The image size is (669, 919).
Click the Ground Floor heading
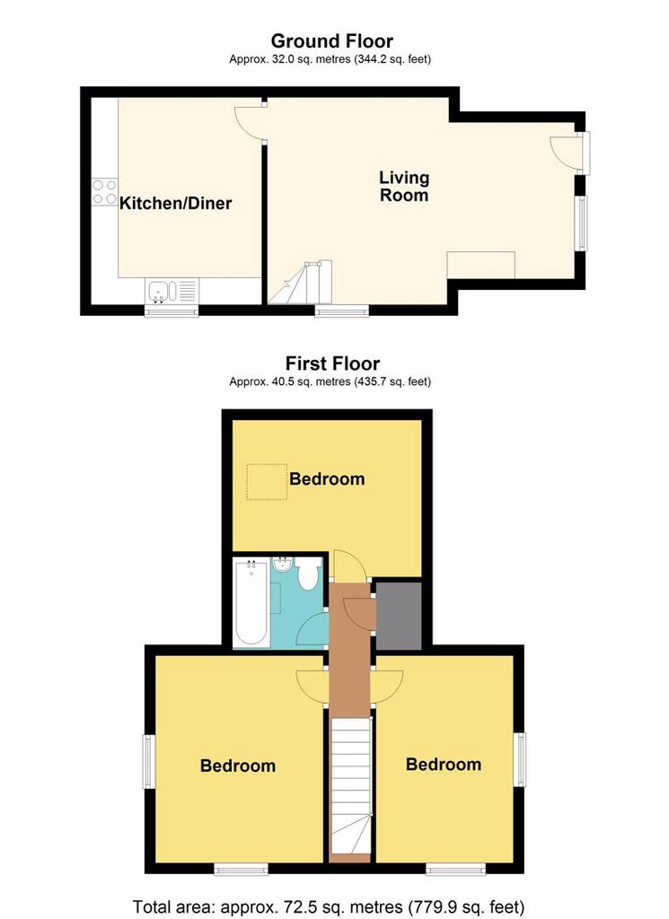[332, 41]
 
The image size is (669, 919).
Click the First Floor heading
[332, 363]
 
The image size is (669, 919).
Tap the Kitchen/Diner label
[175, 203]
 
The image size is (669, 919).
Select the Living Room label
[404, 186]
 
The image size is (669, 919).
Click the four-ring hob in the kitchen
[104, 192]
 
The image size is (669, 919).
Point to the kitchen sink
[163, 291]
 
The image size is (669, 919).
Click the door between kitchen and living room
[249, 122]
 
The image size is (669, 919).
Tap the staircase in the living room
[300, 283]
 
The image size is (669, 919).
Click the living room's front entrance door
[565, 151]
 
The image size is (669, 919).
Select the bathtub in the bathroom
[251, 602]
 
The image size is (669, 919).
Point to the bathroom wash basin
[283, 565]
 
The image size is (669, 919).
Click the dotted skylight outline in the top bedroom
[267, 482]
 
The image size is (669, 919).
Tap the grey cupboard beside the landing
[398, 616]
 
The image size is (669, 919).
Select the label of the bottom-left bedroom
[237, 766]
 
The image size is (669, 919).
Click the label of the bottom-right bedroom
[444, 765]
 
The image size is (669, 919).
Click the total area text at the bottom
[329, 907]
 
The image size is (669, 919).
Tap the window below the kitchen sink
[172, 311]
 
